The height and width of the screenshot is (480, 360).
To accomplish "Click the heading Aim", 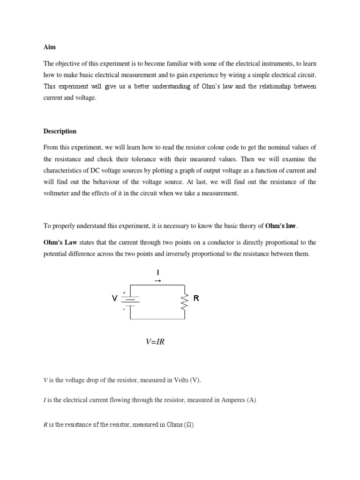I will pyautogui.click(x=49, y=47).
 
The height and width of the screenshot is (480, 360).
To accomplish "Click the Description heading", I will pyautogui.click(x=60, y=131).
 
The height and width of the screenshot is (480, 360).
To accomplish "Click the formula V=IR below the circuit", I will pyautogui.click(x=155, y=342).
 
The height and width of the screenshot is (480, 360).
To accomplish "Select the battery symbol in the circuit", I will pyautogui.click(x=130, y=301).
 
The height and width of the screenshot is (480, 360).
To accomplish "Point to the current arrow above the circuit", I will pyautogui.click(x=158, y=281).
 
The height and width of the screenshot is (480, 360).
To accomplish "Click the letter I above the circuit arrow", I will pyautogui.click(x=158, y=272).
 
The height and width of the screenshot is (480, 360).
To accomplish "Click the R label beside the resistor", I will pyautogui.click(x=196, y=298).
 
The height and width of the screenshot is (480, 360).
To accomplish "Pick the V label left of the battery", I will pyautogui.click(x=114, y=298).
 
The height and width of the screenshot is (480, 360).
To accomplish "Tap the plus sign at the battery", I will pyautogui.click(x=124, y=292).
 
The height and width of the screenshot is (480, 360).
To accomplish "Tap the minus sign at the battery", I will pyautogui.click(x=124, y=309).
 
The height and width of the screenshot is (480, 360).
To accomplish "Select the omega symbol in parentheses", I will pyautogui.click(x=189, y=425).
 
